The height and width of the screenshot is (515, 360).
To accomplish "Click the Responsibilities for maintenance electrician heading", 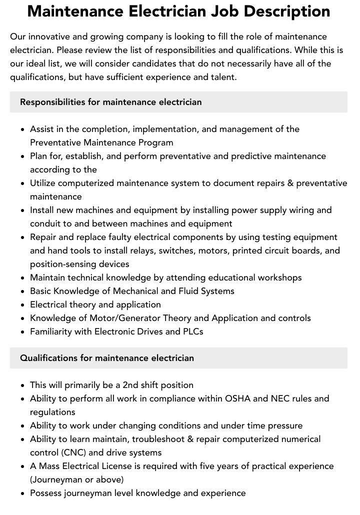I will pos(110,102).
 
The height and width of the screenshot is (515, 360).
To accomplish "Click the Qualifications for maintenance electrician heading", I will pos(106,358).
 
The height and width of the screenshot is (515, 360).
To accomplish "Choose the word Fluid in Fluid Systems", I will pos(190,291).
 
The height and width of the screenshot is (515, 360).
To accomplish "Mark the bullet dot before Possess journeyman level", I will pos(23,493).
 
